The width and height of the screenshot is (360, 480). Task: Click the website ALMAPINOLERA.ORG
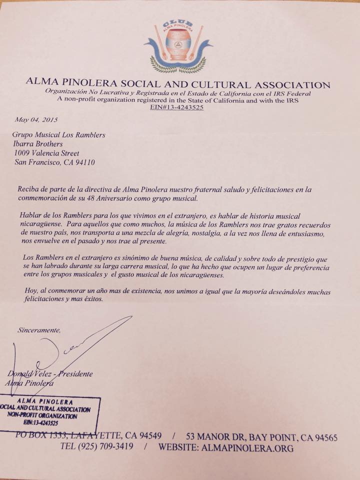248,447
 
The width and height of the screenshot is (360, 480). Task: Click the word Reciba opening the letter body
28,189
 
